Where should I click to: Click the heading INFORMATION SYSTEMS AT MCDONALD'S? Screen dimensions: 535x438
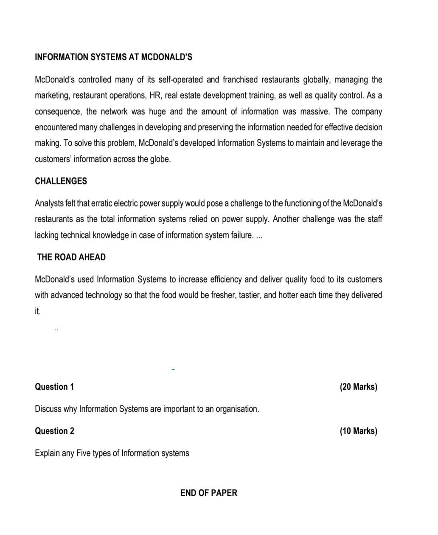(x=113, y=57)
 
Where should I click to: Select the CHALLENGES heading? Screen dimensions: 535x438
(x=61, y=181)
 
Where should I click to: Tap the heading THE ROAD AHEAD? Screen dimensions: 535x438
(x=71, y=257)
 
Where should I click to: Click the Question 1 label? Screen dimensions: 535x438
(x=54, y=387)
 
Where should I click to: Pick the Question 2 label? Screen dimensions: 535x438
(x=54, y=431)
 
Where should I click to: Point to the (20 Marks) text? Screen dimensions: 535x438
(x=358, y=387)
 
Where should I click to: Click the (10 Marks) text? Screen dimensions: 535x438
(x=358, y=431)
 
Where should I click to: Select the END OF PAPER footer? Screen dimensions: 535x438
(x=209, y=493)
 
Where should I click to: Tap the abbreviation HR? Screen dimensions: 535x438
(x=155, y=96)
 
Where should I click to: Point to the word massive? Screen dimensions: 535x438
(x=314, y=112)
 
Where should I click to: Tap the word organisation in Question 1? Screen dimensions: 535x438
(x=237, y=409)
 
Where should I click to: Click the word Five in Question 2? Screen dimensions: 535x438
(x=84, y=453)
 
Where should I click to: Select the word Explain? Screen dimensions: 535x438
(x=47, y=453)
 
